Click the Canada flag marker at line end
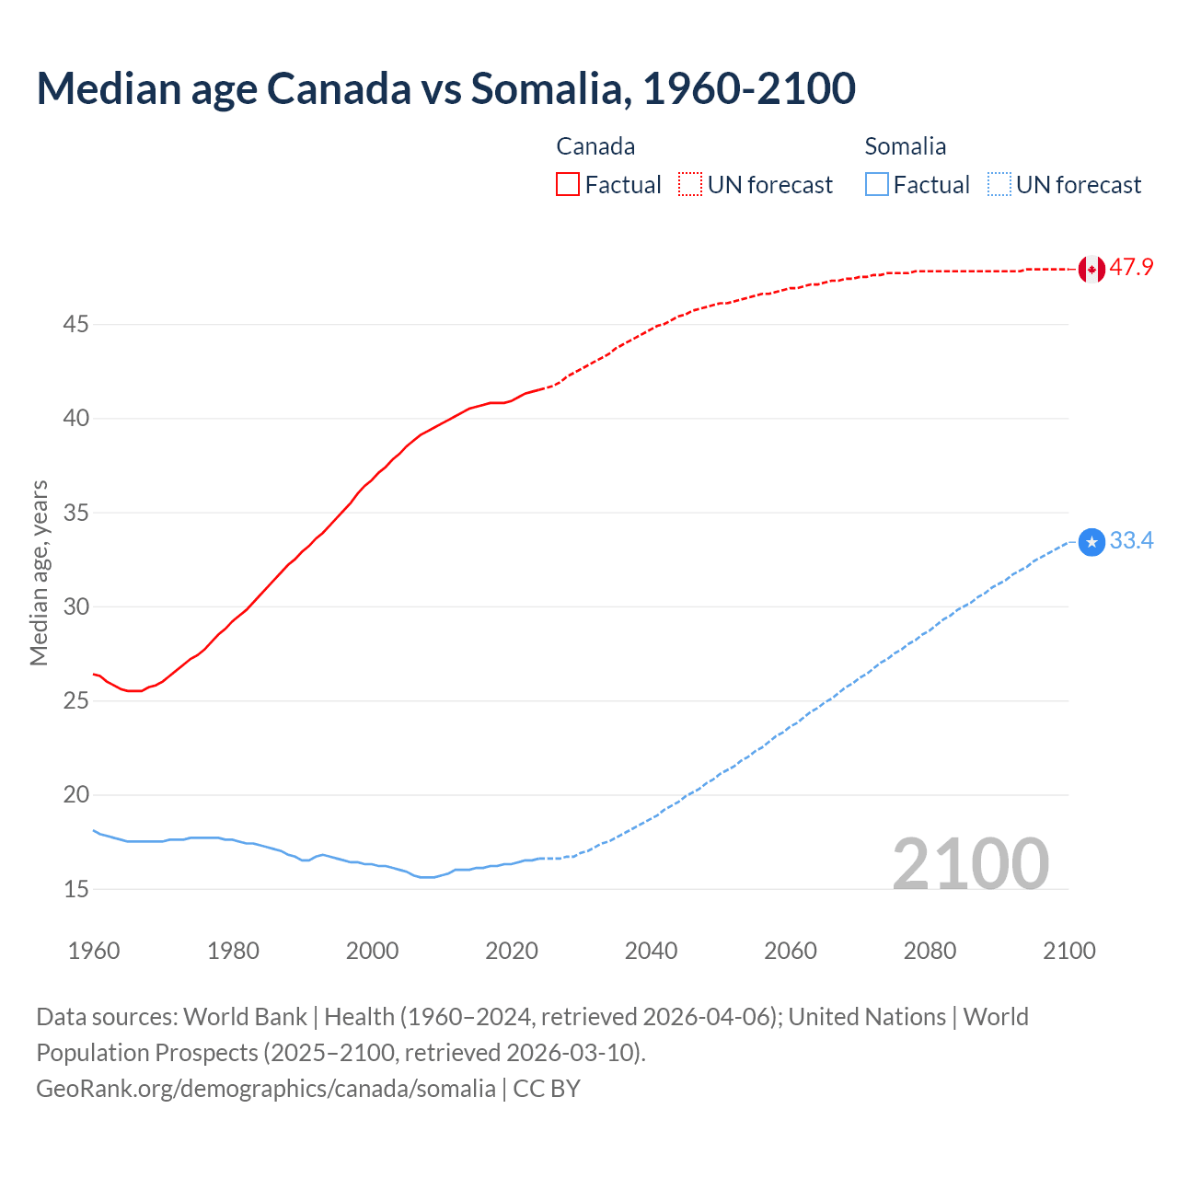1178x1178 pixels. coord(1091,269)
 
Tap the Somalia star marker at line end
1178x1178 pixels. coord(1091,542)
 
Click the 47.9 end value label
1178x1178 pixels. coord(1131,268)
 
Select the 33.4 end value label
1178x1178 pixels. coord(1131,541)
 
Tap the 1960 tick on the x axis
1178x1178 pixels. coord(94,951)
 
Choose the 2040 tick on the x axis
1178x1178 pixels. coord(651,951)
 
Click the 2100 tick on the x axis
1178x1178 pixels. coord(1068,951)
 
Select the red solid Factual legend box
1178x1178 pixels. coord(568,184)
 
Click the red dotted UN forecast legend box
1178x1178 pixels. coord(690,184)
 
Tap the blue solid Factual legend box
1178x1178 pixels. coord(877,184)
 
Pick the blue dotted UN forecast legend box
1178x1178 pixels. coord(999,184)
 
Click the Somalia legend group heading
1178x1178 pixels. coord(905,146)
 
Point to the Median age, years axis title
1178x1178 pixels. coord(39,572)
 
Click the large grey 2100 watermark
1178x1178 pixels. coord(970,863)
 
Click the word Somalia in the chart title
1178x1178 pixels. coord(550,88)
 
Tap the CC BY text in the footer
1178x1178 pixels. coord(547,1089)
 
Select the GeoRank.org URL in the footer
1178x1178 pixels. coord(265,1089)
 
